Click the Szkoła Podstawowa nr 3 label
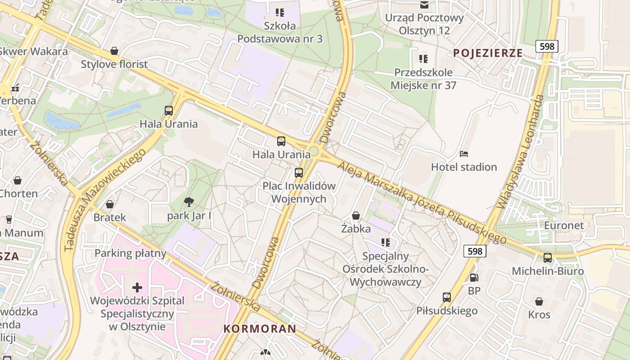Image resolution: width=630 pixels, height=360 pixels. pos(280,32)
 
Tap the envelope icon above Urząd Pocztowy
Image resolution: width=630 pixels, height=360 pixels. pos(424,5)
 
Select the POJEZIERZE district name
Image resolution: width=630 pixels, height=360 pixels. pos(488,53)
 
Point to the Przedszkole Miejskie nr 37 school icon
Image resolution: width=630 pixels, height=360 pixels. pos(423,58)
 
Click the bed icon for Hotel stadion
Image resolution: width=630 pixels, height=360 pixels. pos(464,154)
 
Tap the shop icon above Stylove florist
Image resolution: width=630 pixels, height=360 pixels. pos(114,51)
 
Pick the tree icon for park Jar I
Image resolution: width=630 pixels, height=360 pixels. pos(189,202)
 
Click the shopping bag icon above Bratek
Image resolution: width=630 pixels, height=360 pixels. pos(109,204)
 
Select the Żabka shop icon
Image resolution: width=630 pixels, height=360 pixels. pos(355,216)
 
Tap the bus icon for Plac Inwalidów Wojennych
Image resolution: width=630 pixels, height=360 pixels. pos(298,172)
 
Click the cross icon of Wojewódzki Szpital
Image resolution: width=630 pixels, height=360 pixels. pos(137,287)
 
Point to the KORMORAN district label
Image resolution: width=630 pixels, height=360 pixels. pos(260,329)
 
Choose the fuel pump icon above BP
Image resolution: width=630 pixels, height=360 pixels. pos(473,278)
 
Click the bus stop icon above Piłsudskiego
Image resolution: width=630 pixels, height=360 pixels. pos(446,297)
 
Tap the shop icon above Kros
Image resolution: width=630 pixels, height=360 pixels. pos(539,301)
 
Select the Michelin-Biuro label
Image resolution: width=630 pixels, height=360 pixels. pos(548,271)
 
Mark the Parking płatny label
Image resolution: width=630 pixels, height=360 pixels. pos(130,253)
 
